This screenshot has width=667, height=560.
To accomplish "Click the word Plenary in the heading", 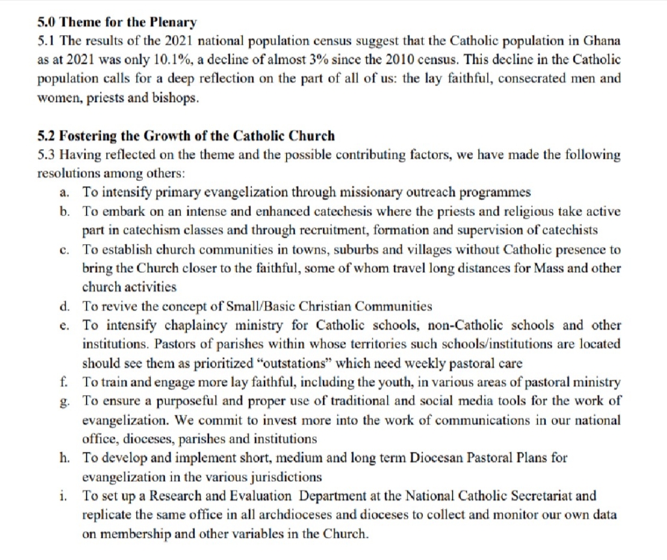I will [173, 23].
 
